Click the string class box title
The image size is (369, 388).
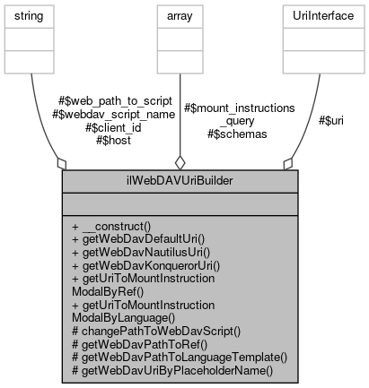point(29,16)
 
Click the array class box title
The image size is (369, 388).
point(180,16)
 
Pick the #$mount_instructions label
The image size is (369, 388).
point(239,108)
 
